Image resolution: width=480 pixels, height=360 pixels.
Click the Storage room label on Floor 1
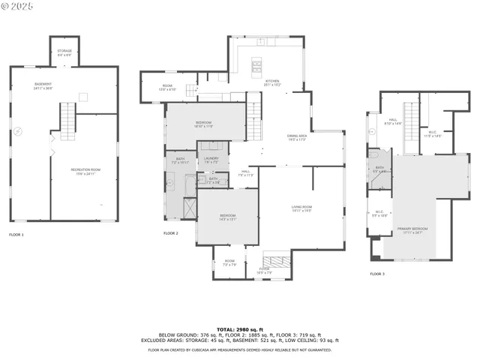click(64, 52)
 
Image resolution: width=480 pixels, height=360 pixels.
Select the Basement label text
click(43, 86)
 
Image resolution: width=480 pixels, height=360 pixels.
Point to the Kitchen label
click(272, 82)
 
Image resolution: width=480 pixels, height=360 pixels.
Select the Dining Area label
click(298, 137)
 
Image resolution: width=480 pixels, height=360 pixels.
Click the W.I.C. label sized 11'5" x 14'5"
click(433, 133)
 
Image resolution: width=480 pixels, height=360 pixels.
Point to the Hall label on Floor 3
click(393, 121)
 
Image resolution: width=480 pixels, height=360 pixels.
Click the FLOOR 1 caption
click(16, 235)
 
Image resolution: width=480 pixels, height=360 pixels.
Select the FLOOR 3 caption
click(376, 274)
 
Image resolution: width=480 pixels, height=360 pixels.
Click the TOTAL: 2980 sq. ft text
click(239, 329)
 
